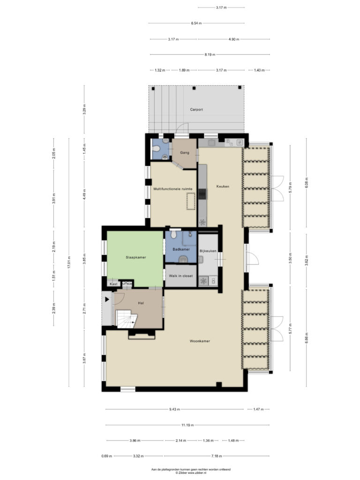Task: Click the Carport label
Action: point(196,109)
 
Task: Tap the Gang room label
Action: point(185,152)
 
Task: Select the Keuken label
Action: point(223,186)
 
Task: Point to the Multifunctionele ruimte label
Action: point(173,189)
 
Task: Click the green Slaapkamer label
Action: point(136,257)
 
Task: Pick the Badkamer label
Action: point(181,249)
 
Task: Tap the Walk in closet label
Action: point(181,276)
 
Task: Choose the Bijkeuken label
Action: point(208,251)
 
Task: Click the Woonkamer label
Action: point(200,341)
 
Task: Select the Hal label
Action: point(141,303)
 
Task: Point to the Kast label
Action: point(113,284)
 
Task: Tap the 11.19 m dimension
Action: point(187,425)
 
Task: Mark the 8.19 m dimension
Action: point(210,54)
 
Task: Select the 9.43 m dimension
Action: point(174,409)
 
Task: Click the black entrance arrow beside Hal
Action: point(107,300)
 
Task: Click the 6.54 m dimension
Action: point(196,23)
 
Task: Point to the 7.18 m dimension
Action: point(217,456)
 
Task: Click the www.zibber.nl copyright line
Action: point(191,472)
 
